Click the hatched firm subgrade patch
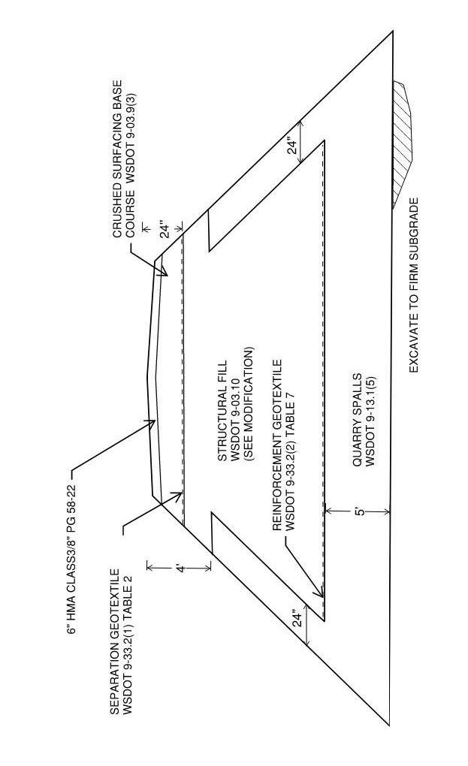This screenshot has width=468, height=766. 403,143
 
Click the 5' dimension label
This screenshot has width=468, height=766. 358,511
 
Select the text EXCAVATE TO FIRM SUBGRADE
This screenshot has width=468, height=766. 414,285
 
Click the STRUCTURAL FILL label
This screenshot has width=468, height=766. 222,409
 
